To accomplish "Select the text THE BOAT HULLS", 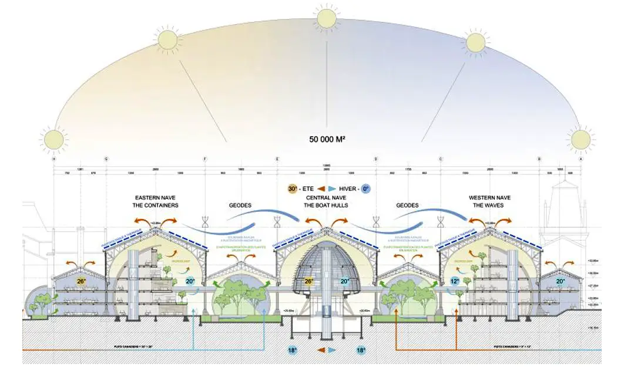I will click(326, 206).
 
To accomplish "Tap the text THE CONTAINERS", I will click(156, 206).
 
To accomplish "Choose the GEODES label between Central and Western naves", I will click(407, 206).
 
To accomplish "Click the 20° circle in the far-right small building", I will click(560, 281).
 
